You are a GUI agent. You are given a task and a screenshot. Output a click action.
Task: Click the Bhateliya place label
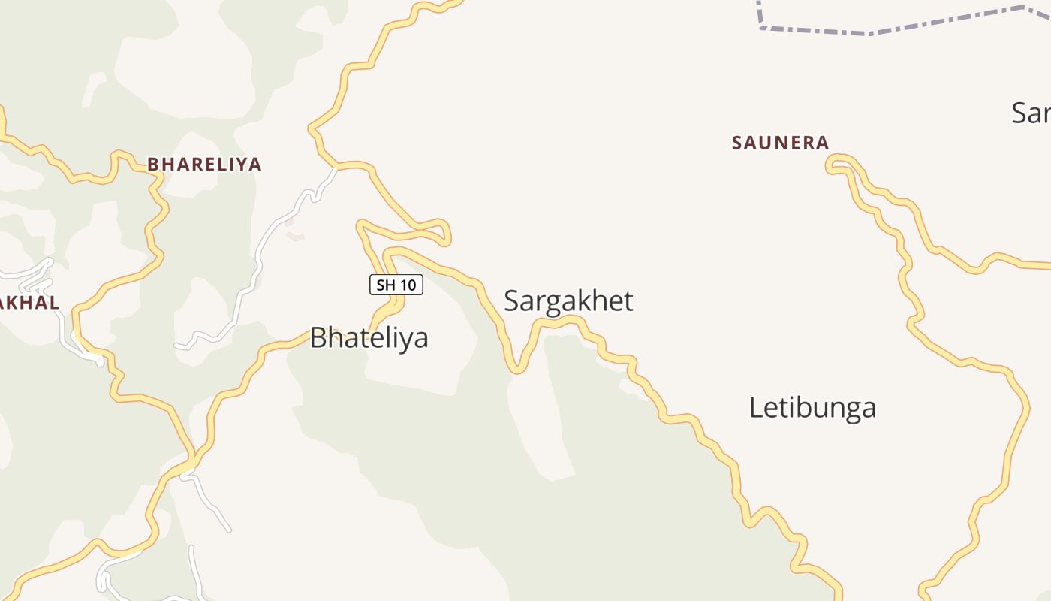coord(369,337)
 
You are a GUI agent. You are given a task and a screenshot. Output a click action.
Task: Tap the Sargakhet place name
coord(568,300)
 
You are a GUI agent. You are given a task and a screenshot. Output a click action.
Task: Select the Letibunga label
coord(812,407)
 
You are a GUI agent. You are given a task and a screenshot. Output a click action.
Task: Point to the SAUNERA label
coord(780,143)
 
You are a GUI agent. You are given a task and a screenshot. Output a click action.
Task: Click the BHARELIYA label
coord(204,165)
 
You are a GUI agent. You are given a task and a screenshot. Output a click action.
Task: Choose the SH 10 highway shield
coord(396,285)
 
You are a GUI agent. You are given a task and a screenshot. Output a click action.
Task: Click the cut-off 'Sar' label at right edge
coord(1031,113)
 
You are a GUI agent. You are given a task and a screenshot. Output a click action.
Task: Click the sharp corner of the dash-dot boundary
coord(762,28)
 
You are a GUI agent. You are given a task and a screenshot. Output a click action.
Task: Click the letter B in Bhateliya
coord(318,337)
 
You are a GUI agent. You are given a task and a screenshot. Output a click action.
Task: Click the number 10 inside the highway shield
coord(407,285)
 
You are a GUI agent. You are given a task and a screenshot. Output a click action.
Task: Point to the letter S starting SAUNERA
coord(737,143)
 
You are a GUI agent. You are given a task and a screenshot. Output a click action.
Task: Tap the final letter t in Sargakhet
coord(628,300)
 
